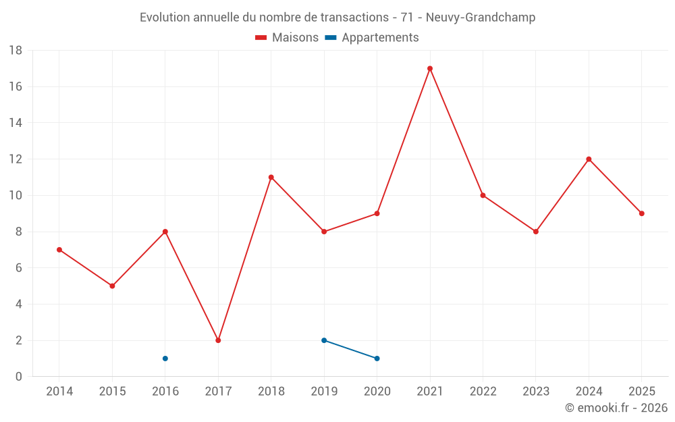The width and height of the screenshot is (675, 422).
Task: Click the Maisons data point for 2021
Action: click(429, 68)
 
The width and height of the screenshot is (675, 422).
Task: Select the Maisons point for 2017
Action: click(218, 340)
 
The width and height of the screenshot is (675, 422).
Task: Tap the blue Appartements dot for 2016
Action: click(165, 359)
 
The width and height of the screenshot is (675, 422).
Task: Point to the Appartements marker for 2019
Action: click(324, 340)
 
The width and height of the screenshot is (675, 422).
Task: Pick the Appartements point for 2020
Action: click(377, 359)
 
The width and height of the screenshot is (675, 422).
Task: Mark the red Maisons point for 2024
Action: click(589, 159)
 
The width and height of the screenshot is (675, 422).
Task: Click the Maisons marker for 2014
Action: click(59, 250)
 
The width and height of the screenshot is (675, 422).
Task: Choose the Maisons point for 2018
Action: click(271, 177)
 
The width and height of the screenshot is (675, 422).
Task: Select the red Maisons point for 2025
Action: click(641, 213)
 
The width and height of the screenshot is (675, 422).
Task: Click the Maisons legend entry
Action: click(287, 37)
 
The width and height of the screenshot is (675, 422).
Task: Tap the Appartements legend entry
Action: click(372, 37)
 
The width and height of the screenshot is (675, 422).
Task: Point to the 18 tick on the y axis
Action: click(16, 51)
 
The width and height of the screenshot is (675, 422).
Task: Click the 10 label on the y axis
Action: click(16, 196)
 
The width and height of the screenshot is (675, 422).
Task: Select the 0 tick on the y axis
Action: click(18, 377)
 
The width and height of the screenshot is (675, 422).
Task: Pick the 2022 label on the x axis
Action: click(483, 391)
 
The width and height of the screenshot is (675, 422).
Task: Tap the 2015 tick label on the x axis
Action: click(112, 391)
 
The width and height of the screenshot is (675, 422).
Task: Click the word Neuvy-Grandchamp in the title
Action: click(481, 18)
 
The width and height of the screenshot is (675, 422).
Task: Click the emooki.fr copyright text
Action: click(616, 407)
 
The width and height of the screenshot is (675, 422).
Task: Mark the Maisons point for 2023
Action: click(535, 232)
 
